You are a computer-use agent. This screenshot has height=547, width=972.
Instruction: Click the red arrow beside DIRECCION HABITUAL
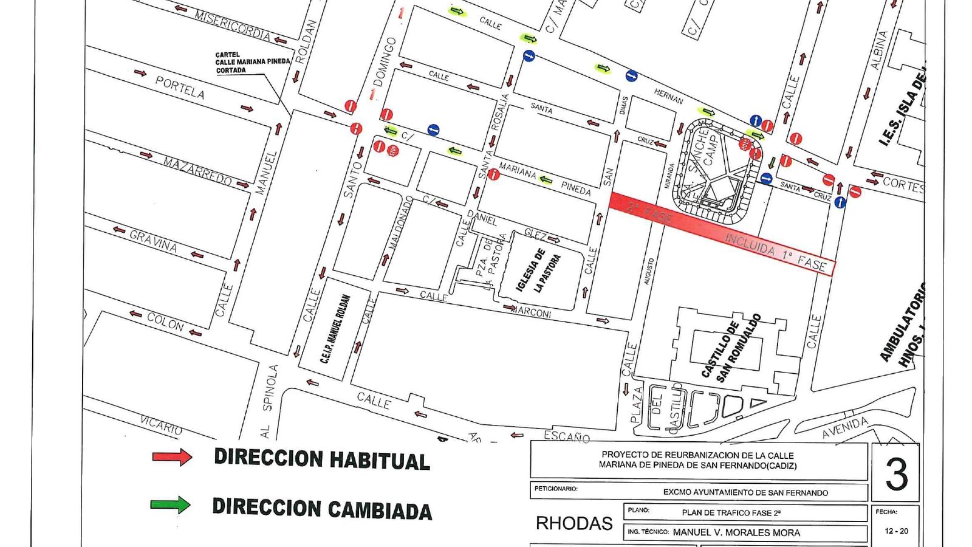click(172, 457)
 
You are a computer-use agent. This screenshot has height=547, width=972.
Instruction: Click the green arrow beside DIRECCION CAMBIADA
click(171, 504)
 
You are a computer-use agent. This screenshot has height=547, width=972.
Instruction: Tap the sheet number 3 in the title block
click(896, 473)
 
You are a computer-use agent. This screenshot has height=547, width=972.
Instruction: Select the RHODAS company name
click(573, 523)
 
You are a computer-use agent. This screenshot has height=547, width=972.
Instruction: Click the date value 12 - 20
click(896, 531)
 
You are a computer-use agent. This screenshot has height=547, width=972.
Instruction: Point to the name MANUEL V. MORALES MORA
click(736, 532)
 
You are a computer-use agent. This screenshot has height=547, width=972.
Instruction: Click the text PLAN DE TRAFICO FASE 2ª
click(731, 512)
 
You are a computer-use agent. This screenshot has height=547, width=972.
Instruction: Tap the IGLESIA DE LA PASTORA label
click(538, 271)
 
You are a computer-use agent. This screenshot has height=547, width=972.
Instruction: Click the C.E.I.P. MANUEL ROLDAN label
click(335, 329)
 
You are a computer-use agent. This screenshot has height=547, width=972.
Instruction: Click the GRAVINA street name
click(153, 242)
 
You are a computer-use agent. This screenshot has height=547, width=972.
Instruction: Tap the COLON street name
click(165, 322)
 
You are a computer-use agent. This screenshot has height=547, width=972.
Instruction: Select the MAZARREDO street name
click(197, 170)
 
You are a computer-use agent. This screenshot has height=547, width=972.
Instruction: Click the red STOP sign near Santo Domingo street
click(392, 150)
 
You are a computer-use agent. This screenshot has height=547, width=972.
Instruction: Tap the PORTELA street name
click(180, 88)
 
